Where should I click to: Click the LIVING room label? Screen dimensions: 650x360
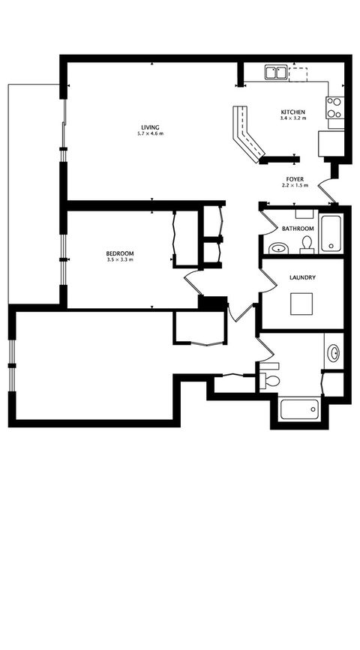tap(151, 126)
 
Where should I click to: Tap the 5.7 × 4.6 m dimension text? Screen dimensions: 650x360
tap(151, 133)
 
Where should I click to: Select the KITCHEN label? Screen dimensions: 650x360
tap(292, 112)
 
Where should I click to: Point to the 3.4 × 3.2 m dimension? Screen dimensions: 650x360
tap(292, 118)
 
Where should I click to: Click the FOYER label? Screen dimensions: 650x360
tap(293, 178)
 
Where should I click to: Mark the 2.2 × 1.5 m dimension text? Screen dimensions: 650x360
tap(294, 185)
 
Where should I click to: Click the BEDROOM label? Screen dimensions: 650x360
tap(120, 253)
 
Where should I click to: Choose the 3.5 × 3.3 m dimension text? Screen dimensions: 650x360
tap(120, 260)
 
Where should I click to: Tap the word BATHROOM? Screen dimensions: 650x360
tap(298, 228)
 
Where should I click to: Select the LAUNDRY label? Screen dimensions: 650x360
tap(301, 278)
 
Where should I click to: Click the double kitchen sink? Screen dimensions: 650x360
tap(275, 73)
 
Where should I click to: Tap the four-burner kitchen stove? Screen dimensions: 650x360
tap(335, 108)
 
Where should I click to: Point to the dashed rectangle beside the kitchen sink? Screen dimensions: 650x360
tap(299, 73)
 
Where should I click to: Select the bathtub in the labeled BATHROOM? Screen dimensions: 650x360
tap(331, 234)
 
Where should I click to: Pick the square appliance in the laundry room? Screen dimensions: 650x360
tap(302, 303)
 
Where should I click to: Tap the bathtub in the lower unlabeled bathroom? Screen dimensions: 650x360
tap(298, 409)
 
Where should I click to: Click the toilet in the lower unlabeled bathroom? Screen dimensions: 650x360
tap(271, 379)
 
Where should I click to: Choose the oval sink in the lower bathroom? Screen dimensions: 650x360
tap(334, 352)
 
